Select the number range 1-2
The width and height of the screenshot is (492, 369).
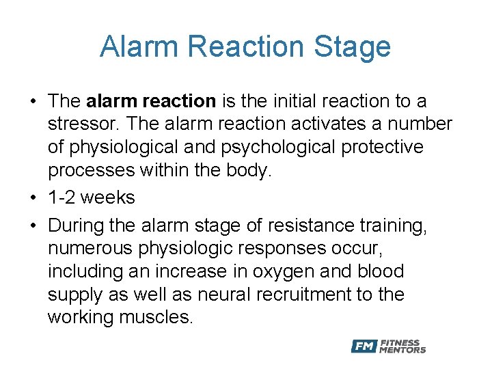64,198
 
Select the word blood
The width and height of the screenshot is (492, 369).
380,271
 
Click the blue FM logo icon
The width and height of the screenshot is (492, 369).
364,346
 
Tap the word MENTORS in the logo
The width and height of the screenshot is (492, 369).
404,350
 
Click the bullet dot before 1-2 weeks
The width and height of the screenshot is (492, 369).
33,198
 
